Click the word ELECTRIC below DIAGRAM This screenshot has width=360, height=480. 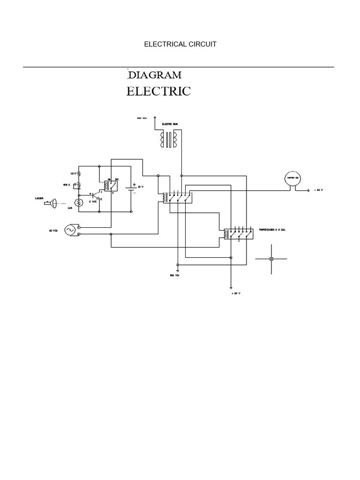[x=158, y=91]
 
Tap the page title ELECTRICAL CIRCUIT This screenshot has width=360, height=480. [x=180, y=44]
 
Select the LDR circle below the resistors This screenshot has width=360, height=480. [x=78, y=202]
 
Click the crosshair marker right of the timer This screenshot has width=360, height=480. [x=271, y=259]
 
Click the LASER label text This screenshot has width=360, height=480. [x=39, y=198]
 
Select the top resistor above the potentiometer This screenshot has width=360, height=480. [x=79, y=173]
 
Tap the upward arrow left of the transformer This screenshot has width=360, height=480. [x=155, y=120]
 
